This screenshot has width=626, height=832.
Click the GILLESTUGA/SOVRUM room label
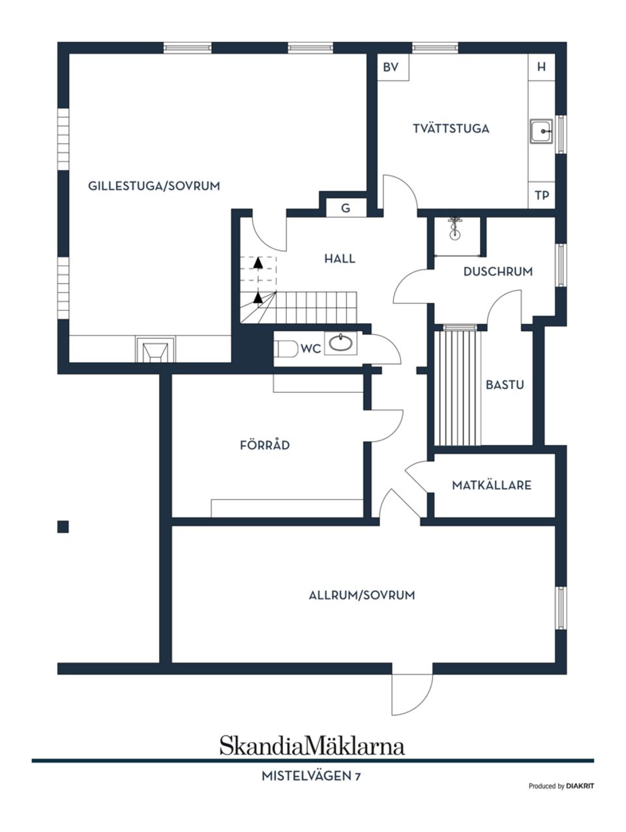coord(154,186)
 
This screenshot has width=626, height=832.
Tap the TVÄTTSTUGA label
coord(451,129)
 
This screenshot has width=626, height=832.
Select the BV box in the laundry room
coord(391,67)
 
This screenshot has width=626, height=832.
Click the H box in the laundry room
coord(541,67)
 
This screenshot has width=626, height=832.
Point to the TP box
coord(541,195)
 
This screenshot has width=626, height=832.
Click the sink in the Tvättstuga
coord(541,131)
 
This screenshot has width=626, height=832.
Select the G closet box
coord(346,208)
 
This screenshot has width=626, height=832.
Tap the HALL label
coord(340,259)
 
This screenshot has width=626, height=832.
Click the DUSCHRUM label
coord(498,272)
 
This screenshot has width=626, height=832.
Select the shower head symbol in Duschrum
coord(455,228)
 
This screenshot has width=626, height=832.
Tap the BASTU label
coord(505,385)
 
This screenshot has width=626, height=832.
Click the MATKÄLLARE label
coord(492,485)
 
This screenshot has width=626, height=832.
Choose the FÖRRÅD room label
coord(265,446)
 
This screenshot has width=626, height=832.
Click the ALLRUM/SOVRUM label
coord(362,595)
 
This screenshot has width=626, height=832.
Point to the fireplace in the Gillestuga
coord(155,350)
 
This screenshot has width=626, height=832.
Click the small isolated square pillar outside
coord(63,526)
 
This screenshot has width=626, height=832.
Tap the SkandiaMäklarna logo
coord(312,745)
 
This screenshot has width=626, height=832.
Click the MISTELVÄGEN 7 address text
coord(312,776)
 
